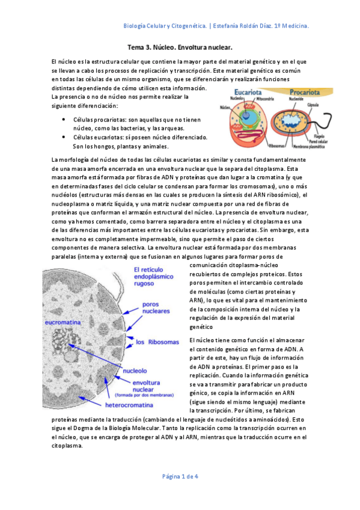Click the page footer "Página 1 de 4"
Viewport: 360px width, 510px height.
[x=180, y=476]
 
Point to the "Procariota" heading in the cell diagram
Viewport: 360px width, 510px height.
[x=307, y=93]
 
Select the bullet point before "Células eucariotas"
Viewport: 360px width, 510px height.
[x=64, y=137]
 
